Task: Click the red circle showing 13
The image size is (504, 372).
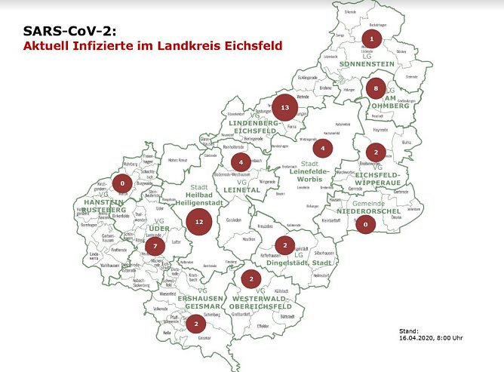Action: click(x=284, y=108)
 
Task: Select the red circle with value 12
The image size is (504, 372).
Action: click(x=198, y=222)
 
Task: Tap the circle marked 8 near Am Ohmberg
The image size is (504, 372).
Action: click(x=376, y=90)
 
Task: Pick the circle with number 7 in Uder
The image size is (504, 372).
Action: click(x=155, y=246)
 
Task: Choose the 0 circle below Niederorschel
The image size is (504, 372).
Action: click(x=366, y=223)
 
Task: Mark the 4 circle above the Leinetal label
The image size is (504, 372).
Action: click(x=241, y=162)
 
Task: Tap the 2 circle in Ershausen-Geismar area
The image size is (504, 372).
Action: click(x=196, y=324)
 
